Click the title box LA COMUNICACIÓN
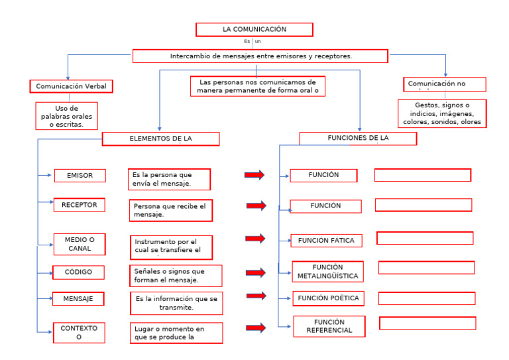click(x=254, y=30)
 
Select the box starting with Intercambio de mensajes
click(x=260, y=56)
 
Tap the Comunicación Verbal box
click(x=72, y=86)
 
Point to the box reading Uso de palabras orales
click(x=66, y=116)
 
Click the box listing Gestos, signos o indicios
click(x=442, y=113)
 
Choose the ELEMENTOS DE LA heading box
click(x=160, y=139)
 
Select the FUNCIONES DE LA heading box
click(x=358, y=139)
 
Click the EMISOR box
click(x=80, y=176)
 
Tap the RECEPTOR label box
click(x=80, y=205)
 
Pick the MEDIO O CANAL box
click(x=80, y=244)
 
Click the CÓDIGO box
click(x=79, y=272)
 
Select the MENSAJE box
click(x=78, y=299)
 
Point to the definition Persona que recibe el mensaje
click(x=171, y=210)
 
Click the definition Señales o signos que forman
click(x=176, y=276)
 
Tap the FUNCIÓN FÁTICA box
click(x=326, y=241)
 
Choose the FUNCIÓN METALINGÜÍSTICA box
click(x=327, y=272)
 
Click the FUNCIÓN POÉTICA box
click(x=328, y=298)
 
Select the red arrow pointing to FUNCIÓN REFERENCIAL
click(x=255, y=328)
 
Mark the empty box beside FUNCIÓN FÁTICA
click(x=425, y=238)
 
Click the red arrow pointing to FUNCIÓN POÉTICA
click(x=256, y=296)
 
